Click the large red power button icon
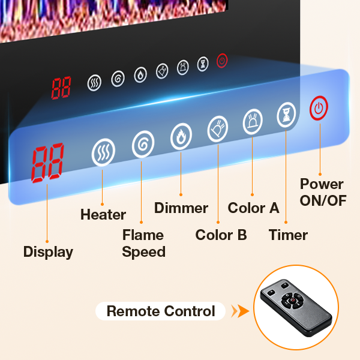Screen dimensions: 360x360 [x=319, y=109]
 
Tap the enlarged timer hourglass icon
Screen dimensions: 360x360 [x=286, y=115]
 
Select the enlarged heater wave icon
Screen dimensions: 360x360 [x=103, y=153]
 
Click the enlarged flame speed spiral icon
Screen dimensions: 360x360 [x=143, y=143]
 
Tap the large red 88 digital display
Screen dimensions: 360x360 [x=47, y=163]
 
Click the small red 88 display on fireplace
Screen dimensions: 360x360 [x=61, y=88]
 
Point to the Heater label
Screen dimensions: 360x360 [x=103, y=214]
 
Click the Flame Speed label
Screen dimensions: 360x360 [x=143, y=243]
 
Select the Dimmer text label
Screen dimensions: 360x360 [x=181, y=208]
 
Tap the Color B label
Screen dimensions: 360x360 [x=221, y=235]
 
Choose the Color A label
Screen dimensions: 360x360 [x=253, y=208]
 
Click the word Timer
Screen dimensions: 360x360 [x=288, y=235]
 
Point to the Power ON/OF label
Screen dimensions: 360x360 [x=323, y=192]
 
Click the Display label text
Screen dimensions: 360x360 [x=48, y=252]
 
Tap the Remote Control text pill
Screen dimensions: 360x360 [x=160, y=311]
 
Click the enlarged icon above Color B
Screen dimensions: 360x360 [x=218, y=128]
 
